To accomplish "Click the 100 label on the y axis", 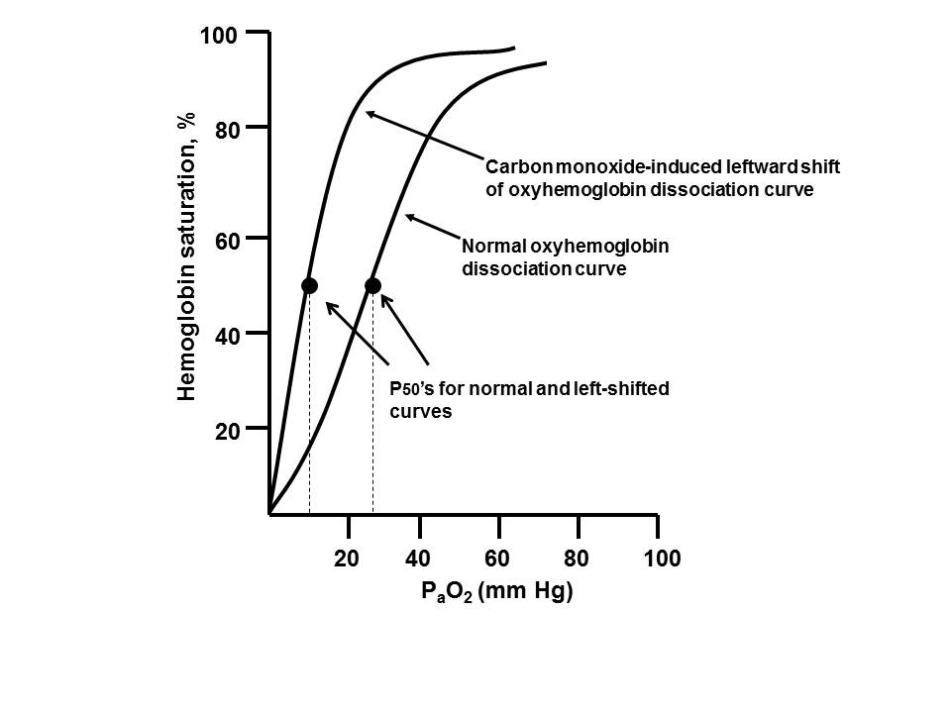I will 218,37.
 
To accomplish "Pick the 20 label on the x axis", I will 346,560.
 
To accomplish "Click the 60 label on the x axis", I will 498,560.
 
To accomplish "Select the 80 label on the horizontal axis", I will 578,560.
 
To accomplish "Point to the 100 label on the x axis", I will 662,560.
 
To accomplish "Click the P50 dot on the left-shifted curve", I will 309,285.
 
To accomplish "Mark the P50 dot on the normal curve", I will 372,285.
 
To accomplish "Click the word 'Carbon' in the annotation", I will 512,165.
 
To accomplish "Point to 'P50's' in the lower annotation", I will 409,389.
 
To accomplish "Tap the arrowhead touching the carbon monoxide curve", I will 369,114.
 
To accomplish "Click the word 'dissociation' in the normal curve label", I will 508,266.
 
